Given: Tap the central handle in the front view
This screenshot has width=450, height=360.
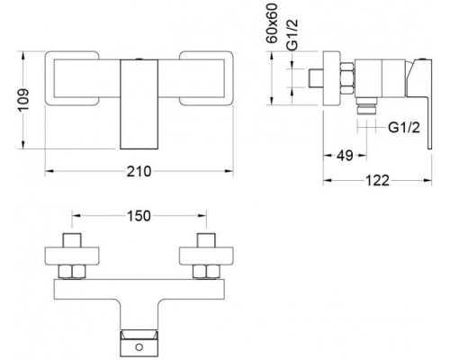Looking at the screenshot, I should click(x=140, y=101).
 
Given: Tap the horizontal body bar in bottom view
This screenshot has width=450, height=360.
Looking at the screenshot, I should click(x=140, y=289).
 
